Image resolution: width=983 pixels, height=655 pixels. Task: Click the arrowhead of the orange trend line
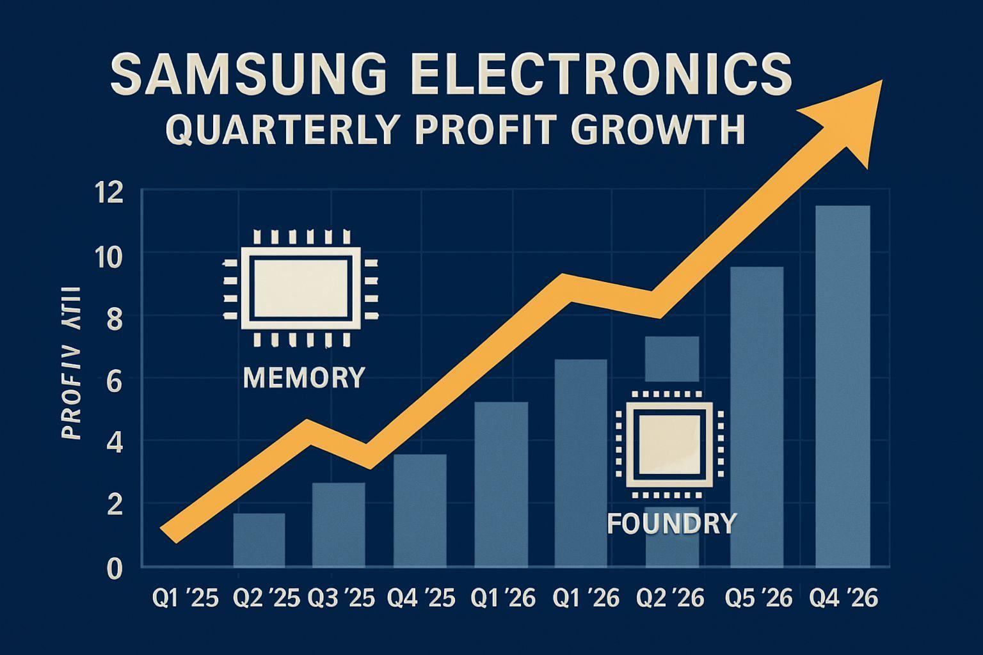851,118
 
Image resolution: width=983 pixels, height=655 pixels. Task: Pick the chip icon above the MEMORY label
300,288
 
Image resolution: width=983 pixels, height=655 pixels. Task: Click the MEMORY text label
304,377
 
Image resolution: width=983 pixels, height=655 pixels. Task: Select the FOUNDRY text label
671,524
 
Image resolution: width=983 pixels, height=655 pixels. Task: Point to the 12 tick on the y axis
107,193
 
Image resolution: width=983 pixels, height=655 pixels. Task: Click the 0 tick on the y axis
113,568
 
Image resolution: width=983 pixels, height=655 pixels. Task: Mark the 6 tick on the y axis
113,380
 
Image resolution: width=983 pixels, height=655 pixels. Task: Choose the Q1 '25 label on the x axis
186,599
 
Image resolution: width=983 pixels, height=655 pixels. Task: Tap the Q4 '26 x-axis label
843,599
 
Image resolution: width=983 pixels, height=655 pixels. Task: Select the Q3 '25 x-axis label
342,599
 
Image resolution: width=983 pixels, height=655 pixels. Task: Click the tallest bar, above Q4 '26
843,386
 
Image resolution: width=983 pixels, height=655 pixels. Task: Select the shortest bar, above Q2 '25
259,541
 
